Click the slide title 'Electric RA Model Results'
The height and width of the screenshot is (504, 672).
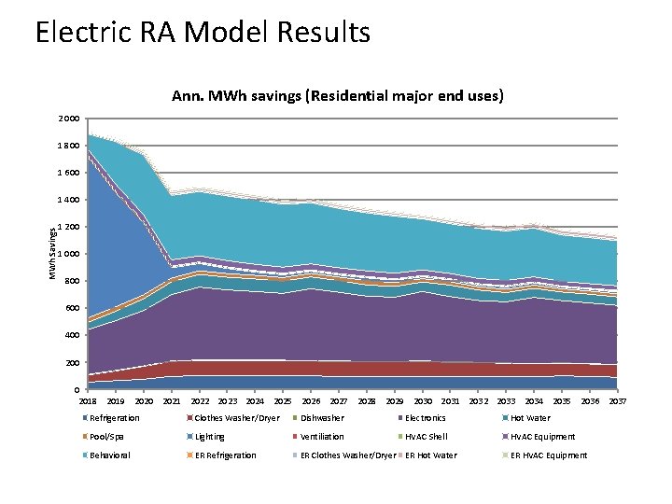(203, 33)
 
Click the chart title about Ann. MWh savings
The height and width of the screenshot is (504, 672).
(338, 96)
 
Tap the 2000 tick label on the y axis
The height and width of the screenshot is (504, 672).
(70, 119)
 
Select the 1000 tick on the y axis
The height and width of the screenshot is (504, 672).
(70, 255)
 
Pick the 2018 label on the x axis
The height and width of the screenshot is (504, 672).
(88, 400)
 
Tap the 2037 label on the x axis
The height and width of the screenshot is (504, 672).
(617, 400)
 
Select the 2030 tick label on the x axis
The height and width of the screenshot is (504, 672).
(422, 400)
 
